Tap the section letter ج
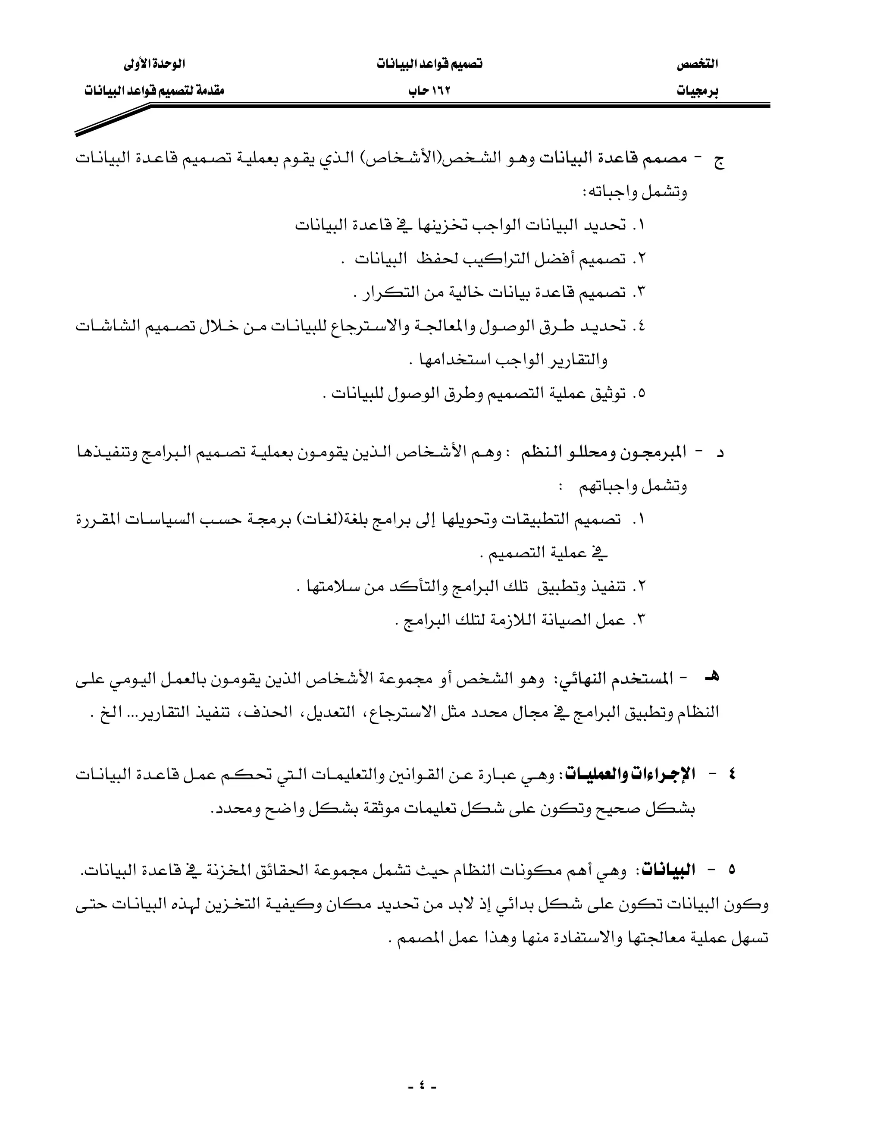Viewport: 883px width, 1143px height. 719,160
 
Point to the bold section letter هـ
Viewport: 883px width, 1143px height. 712,677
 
